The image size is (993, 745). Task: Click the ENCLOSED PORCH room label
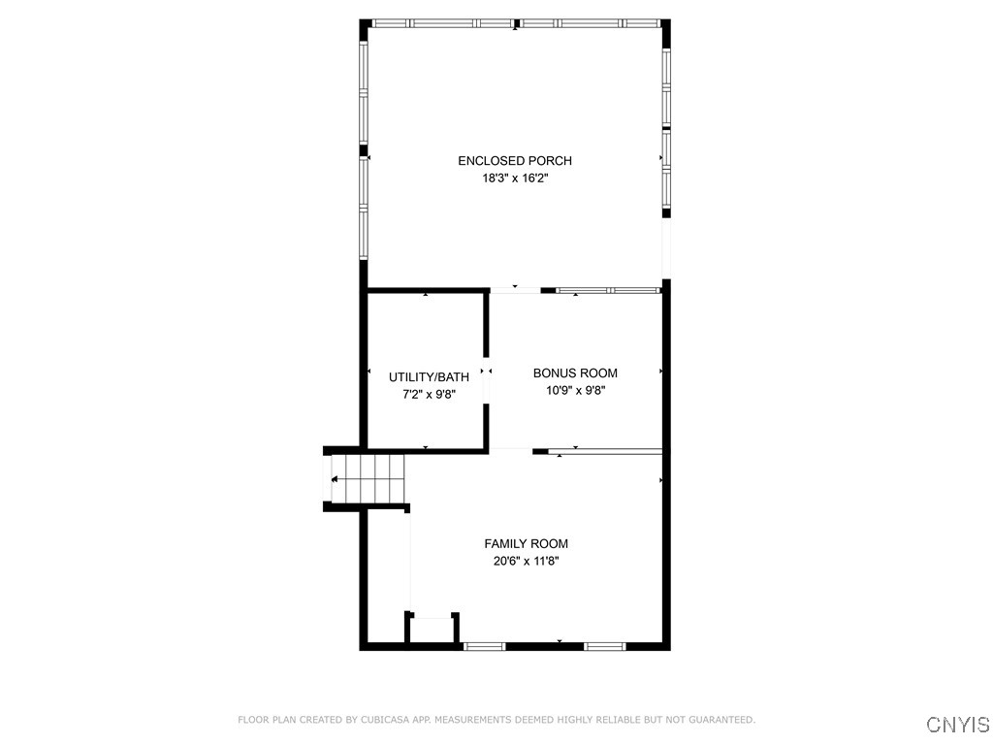[x=514, y=161]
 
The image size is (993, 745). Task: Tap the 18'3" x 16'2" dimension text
[x=514, y=178]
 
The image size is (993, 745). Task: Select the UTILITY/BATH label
[x=429, y=377]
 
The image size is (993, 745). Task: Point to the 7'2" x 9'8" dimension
[x=429, y=395]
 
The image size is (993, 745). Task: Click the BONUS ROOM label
[x=575, y=373]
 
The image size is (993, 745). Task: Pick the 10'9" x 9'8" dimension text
[x=575, y=391]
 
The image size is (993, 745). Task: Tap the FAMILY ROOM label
[x=526, y=544]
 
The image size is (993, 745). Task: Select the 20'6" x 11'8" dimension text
[x=526, y=562]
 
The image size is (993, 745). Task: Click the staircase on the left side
[x=367, y=479]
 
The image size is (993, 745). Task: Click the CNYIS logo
[x=957, y=725]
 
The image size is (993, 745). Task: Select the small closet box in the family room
[x=432, y=630]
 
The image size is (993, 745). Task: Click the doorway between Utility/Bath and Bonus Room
[x=487, y=372]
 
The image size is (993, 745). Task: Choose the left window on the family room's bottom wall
[x=485, y=645]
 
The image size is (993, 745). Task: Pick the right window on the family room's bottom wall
[x=605, y=645]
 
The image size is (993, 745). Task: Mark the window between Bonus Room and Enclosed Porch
[x=608, y=290]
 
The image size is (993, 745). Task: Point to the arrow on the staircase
[x=335, y=479]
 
